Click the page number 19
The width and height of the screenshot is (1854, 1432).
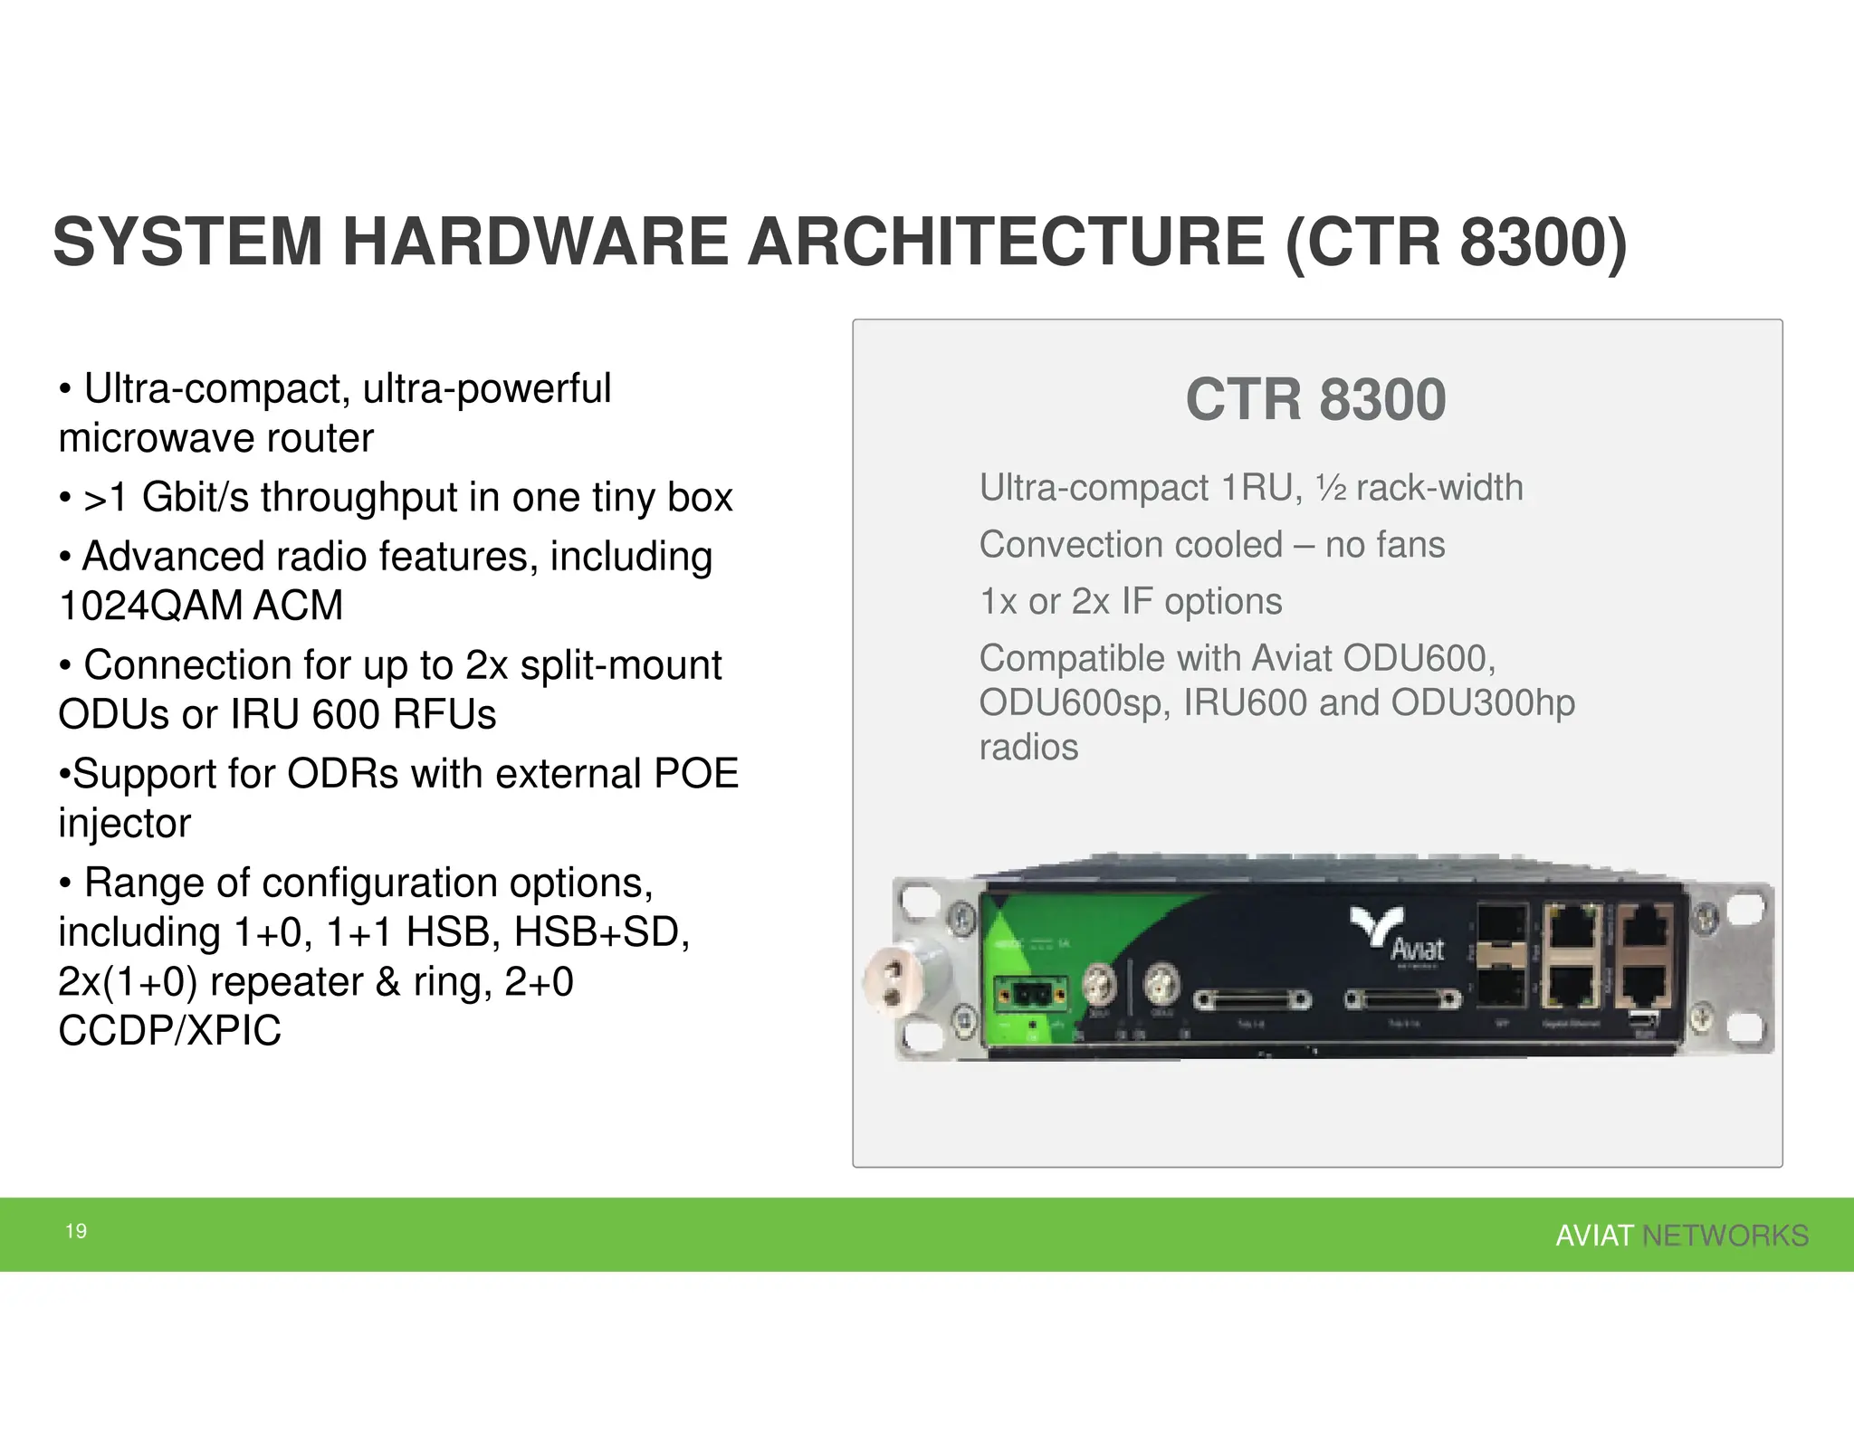(x=76, y=1231)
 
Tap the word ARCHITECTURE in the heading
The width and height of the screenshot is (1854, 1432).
(x=1005, y=243)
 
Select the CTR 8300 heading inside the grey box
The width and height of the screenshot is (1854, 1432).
(x=1315, y=399)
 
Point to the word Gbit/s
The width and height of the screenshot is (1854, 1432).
(x=195, y=497)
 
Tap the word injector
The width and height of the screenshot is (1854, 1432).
(x=125, y=824)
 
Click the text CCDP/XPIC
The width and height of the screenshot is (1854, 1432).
(x=170, y=1030)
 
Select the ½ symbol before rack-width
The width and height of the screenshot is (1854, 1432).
(x=1331, y=489)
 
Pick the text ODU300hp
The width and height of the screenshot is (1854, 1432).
(x=1482, y=702)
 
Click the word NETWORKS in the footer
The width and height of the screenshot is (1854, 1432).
(x=1725, y=1236)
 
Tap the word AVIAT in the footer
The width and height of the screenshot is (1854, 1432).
(x=1594, y=1236)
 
